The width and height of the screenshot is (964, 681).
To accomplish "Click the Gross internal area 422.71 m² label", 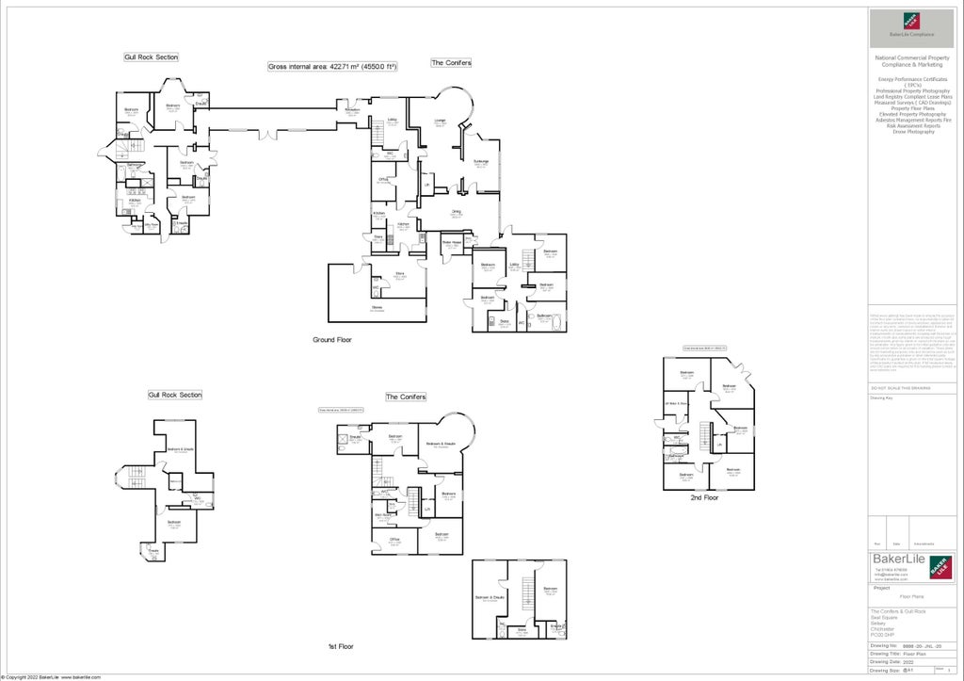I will pyautogui.click(x=332, y=67).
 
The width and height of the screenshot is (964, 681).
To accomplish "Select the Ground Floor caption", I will pyautogui.click(x=331, y=339).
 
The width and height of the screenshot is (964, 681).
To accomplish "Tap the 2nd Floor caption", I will pyautogui.click(x=704, y=497).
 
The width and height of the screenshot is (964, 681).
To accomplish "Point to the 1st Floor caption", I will pyautogui.click(x=340, y=646).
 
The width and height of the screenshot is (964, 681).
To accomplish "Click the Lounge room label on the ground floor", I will pyautogui.click(x=440, y=122).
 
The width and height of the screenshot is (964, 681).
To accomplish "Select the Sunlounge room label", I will pyautogui.click(x=481, y=162).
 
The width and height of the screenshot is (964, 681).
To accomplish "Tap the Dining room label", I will pyautogui.click(x=456, y=213).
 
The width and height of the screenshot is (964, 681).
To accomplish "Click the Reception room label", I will pyautogui.click(x=353, y=111).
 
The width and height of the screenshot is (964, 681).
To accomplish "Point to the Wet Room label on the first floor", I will pyautogui.click(x=384, y=515).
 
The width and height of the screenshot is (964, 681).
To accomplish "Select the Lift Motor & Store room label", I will pyautogui.click(x=677, y=404).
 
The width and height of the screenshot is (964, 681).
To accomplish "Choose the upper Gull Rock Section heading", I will pyautogui.click(x=151, y=57).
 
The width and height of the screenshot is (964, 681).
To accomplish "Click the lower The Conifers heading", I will pyautogui.click(x=406, y=397).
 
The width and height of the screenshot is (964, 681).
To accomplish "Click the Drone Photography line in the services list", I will pyautogui.click(x=913, y=132).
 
